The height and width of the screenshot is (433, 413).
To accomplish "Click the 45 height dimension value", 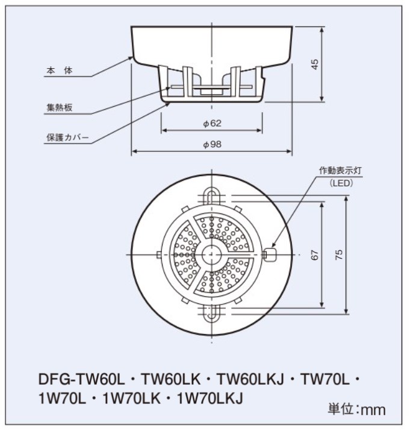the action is point(315,65).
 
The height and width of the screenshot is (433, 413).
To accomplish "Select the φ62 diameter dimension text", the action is point(212,123).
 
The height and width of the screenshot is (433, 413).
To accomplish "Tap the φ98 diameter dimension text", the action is point(212,144).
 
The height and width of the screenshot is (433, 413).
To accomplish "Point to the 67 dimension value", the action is point(315,254).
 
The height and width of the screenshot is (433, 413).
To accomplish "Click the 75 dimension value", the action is point(339,254).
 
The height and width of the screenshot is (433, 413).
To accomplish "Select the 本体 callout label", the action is point(60,71).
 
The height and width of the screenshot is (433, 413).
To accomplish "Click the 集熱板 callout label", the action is point(60,107).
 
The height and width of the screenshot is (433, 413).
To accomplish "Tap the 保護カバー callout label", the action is point(67,137).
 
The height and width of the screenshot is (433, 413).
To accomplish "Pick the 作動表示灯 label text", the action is point(340,171).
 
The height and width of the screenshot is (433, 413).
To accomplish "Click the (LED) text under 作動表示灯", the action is point(341,183).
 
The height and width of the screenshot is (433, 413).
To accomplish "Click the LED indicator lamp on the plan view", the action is point(270,254).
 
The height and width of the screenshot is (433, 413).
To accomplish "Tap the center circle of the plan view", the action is point(212,254).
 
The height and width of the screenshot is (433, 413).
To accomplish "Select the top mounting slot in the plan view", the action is point(211,195).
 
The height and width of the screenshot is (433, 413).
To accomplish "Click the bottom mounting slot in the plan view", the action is point(211,314).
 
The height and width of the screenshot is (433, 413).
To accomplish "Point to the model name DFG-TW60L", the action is point(81,379).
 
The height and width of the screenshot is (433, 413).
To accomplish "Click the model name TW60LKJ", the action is point(250,379).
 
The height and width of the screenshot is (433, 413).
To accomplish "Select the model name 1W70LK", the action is point(131,398).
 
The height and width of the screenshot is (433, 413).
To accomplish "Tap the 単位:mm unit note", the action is point(356,409).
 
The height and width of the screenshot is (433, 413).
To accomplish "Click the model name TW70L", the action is point(324,379).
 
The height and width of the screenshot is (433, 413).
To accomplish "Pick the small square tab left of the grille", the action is point(159,254).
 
